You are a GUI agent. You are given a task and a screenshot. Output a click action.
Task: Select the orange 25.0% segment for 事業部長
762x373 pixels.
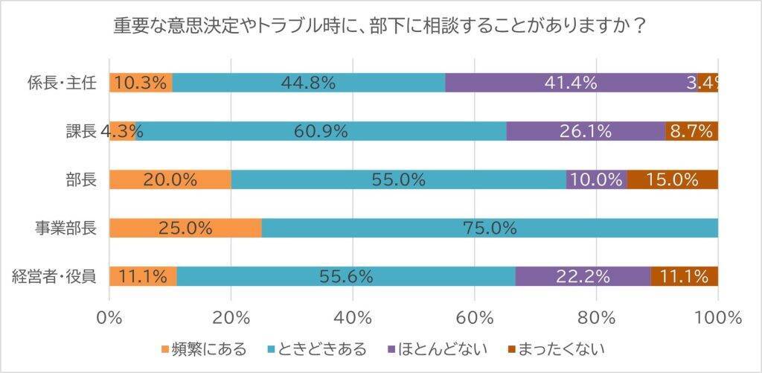pos(185,228)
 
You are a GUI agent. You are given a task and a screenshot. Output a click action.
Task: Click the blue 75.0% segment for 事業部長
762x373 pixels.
pos(490,228)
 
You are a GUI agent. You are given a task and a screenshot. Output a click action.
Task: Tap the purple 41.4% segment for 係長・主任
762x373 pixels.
pos(571,83)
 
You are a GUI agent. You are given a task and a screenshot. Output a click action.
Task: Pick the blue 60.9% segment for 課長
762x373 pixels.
pos(321,131)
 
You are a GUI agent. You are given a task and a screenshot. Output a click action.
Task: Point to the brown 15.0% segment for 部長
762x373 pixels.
pos(673,179)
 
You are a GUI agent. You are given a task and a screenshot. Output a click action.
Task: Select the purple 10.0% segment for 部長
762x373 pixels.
pos(596,179)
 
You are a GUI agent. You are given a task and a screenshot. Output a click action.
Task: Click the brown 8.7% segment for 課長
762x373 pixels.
pos(691,131)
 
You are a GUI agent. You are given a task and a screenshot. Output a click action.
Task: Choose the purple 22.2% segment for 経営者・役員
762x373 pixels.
pos(583,276)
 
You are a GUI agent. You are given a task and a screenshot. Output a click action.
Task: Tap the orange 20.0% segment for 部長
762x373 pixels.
pos(170,179)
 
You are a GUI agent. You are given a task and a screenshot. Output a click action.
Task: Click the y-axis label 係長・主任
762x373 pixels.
pos(61,83)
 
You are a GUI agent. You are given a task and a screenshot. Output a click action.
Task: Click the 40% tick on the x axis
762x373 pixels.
pos(353,318)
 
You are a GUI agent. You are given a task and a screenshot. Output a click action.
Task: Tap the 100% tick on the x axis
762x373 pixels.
pos(717,318)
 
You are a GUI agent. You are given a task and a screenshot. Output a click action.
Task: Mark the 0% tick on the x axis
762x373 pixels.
pos(109,318)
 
